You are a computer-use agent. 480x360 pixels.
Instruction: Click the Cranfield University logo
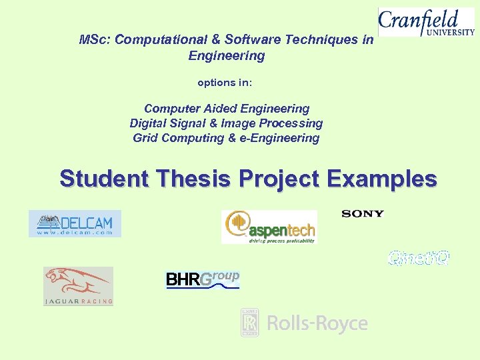(x=426, y=21)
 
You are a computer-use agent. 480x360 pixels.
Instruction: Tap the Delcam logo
(x=75, y=223)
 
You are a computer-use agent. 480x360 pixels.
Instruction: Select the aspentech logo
(x=269, y=227)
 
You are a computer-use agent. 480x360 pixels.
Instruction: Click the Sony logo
(x=363, y=213)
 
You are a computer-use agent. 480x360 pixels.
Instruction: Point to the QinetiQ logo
(x=419, y=258)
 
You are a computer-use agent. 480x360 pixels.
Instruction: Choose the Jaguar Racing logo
(x=78, y=286)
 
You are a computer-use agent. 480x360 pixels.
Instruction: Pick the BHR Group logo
(x=203, y=279)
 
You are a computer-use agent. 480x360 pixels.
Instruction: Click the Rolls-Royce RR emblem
(x=250, y=323)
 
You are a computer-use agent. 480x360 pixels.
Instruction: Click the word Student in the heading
(x=103, y=179)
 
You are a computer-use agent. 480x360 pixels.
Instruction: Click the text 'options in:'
(x=225, y=83)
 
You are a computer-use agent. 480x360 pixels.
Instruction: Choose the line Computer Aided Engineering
(x=227, y=108)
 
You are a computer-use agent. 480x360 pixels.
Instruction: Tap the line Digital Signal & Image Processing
(x=226, y=123)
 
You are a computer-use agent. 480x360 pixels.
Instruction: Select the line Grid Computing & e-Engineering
(x=226, y=138)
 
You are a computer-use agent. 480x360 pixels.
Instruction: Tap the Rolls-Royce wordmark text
(x=317, y=324)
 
